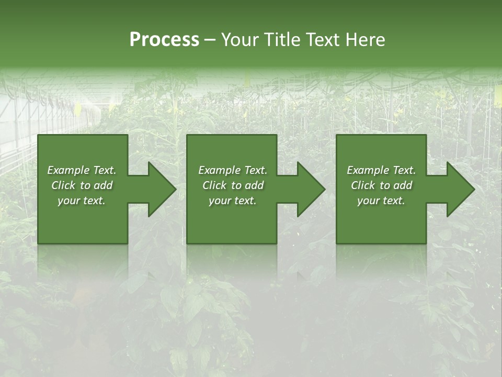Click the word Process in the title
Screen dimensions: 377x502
pos(164,40)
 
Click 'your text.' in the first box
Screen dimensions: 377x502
pos(82,201)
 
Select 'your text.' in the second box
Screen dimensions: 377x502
pos(233,201)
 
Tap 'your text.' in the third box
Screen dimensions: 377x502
pos(381,201)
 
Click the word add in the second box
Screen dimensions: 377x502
pos(255,185)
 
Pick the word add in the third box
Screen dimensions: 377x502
pos(403,185)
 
